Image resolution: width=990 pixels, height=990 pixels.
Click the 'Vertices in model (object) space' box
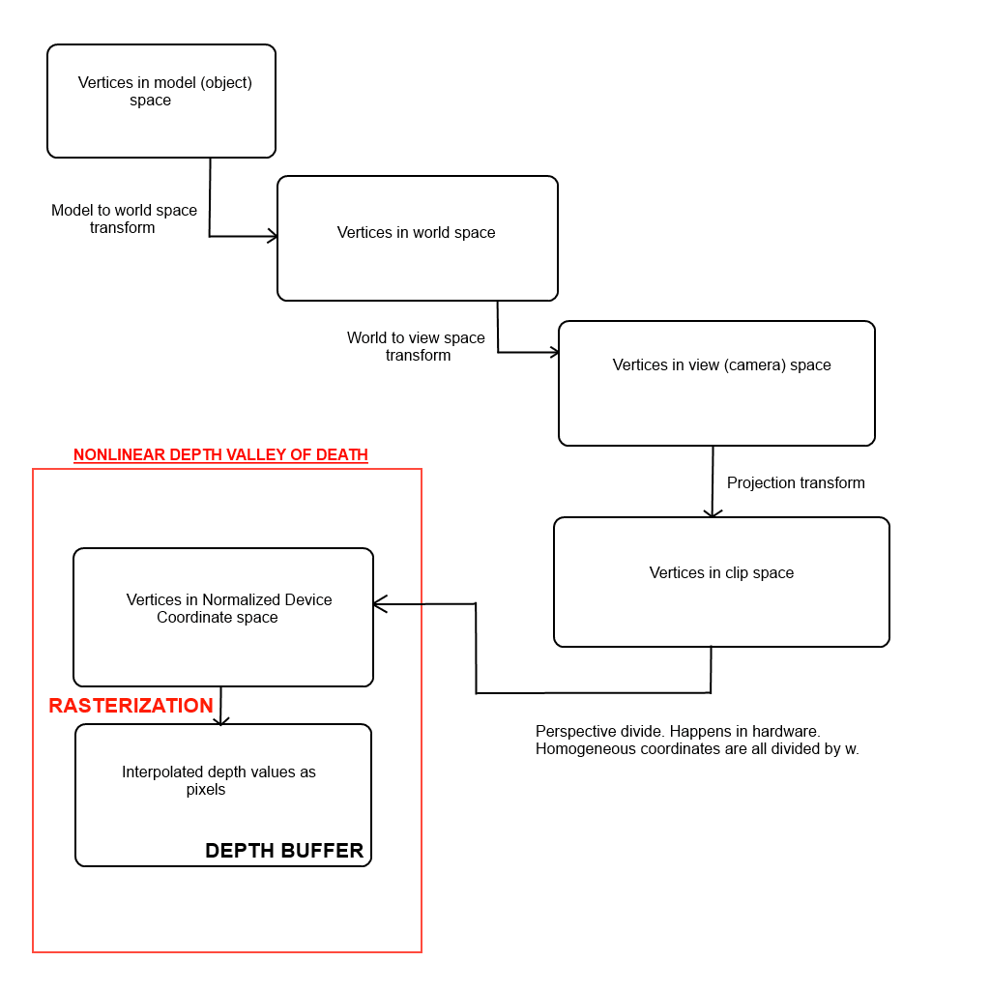tap(161, 101)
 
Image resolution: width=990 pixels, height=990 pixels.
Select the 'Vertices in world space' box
tap(417, 238)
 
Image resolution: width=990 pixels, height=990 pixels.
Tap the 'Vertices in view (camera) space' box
tap(716, 383)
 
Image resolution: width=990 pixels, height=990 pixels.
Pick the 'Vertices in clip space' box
tap(721, 581)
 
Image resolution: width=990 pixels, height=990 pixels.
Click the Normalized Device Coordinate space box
tap(223, 617)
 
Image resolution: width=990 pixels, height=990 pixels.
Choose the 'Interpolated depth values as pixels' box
tap(223, 795)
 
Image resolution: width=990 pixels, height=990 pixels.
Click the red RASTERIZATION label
tap(131, 706)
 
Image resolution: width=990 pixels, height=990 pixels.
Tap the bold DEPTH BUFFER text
tap(284, 851)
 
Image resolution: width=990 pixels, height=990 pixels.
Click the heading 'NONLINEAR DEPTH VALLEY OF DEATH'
tap(220, 455)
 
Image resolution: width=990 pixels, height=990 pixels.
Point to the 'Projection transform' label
tap(796, 483)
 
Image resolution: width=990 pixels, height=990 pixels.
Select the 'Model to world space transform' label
tap(124, 219)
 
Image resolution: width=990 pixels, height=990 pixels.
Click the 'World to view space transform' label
tap(417, 347)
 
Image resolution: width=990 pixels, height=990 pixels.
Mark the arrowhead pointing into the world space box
tap(273, 236)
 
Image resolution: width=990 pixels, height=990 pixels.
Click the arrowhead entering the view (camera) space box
tap(554, 352)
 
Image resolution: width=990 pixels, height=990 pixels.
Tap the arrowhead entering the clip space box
tap(713, 512)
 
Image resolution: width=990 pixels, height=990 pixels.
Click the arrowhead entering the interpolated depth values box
tap(220, 719)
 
